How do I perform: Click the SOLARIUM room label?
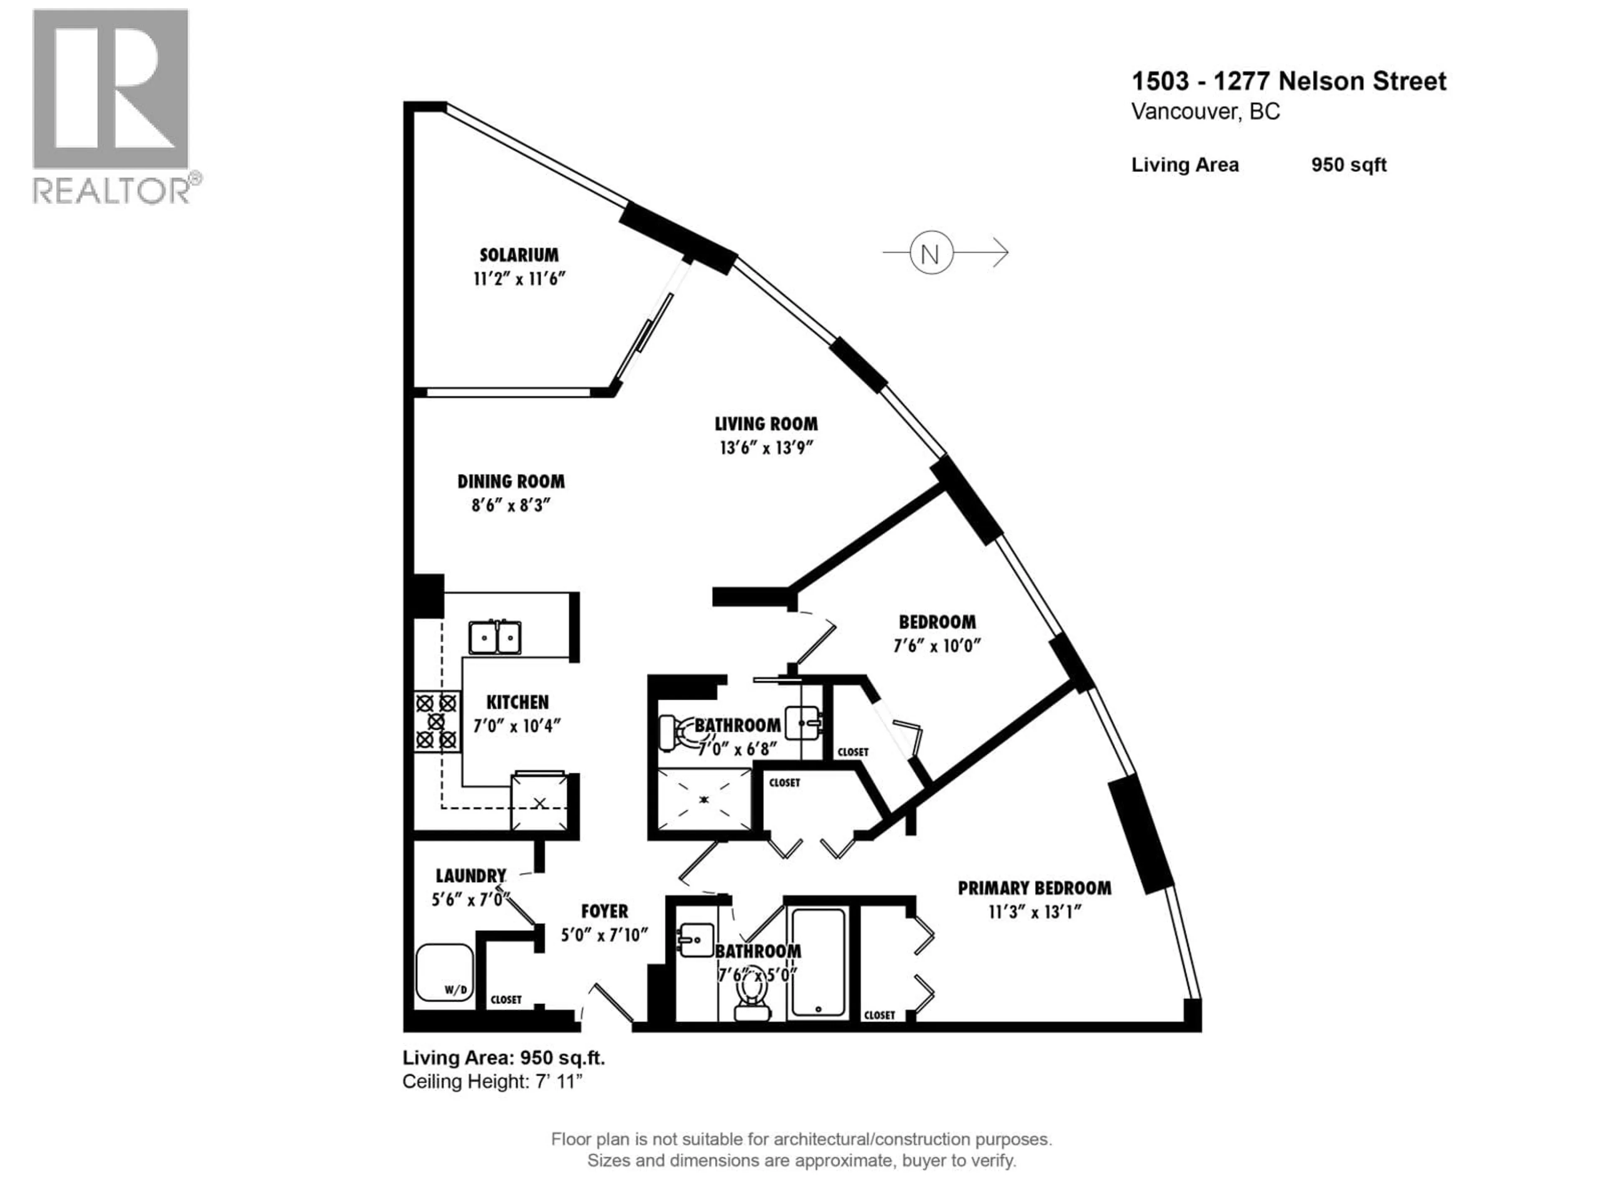pyautogui.click(x=519, y=255)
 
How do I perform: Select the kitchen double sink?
pyautogui.click(x=495, y=637)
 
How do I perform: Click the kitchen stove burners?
pyautogui.click(x=436, y=721)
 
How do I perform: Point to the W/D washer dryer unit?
pyautogui.click(x=444, y=972)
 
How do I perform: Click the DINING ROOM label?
pyautogui.click(x=511, y=482)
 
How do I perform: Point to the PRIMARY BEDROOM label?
pyautogui.click(x=1034, y=888)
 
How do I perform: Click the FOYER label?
pyautogui.click(x=604, y=911)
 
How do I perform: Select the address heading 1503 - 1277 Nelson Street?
pyautogui.click(x=1289, y=81)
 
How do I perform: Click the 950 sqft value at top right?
pyautogui.click(x=1348, y=165)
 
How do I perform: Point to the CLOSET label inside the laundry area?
pyautogui.click(x=506, y=1000)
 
